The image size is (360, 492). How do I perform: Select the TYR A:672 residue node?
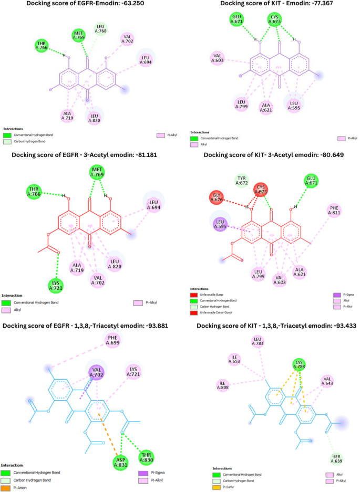(241, 181)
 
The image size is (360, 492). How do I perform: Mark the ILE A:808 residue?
(223, 385)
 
